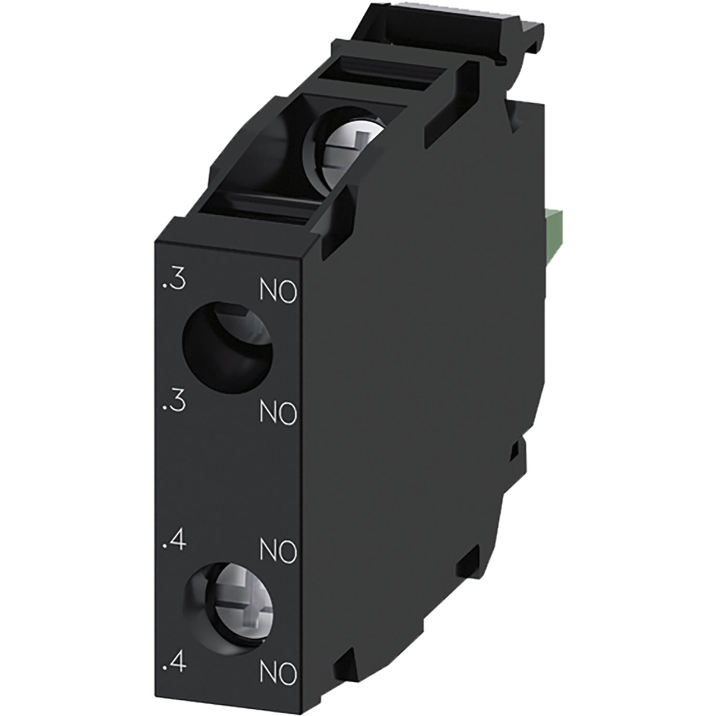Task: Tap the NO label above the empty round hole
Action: point(278,293)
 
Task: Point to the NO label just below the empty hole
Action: point(278,414)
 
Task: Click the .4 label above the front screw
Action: point(173,543)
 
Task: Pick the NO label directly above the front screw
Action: point(278,552)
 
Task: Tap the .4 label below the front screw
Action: point(173,664)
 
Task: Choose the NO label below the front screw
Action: point(278,674)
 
